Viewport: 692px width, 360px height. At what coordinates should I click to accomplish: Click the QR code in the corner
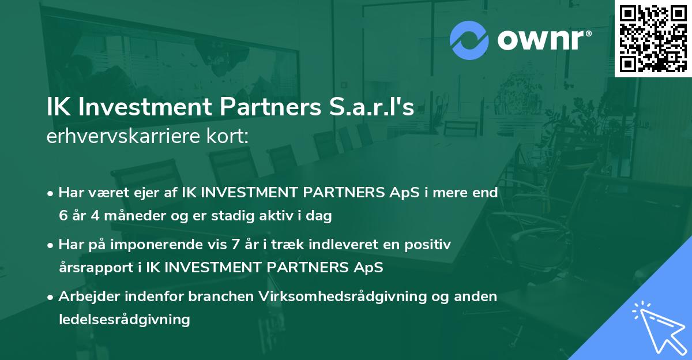653,38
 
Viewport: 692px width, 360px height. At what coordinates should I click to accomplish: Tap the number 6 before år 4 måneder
63,216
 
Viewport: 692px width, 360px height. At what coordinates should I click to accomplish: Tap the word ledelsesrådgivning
124,319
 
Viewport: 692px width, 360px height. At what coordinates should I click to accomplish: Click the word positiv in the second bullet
430,245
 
